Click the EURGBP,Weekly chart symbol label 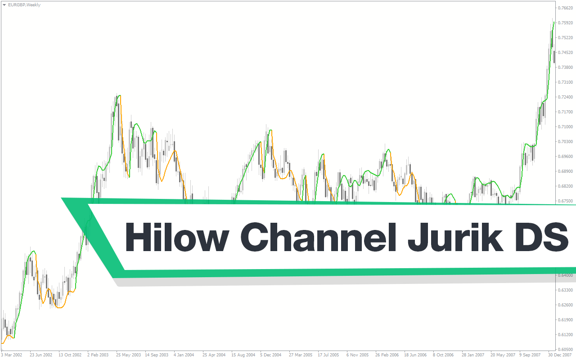click(x=24, y=5)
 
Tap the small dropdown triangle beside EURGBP click(x=4, y=5)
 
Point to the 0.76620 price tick click(x=565, y=8)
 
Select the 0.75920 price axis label click(x=565, y=23)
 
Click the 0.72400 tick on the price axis click(x=565, y=97)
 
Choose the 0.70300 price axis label click(x=565, y=142)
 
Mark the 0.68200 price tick click(x=565, y=186)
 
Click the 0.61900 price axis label click(x=565, y=320)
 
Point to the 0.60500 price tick click(x=565, y=350)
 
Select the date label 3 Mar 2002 click(x=12, y=355)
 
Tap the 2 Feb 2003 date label click(x=98, y=355)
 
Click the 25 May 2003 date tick click(x=128, y=355)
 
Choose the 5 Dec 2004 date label click(x=270, y=355)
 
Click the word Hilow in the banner click(x=177, y=237)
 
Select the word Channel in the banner click(x=318, y=237)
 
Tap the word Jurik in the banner click(x=455, y=237)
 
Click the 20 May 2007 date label click(x=502, y=355)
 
